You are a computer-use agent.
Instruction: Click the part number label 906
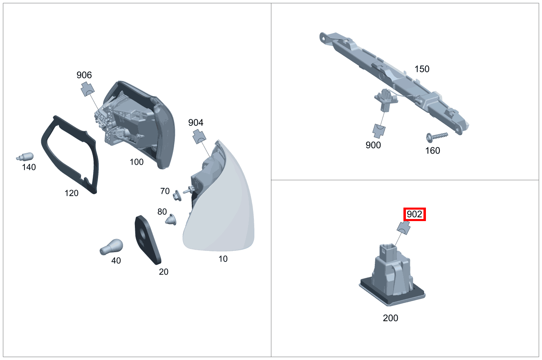click(84, 75)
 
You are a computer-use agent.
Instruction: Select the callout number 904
click(196, 123)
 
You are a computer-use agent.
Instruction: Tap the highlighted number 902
click(414, 215)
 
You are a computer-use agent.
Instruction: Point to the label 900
click(373, 145)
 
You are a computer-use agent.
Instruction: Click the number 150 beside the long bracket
click(422, 69)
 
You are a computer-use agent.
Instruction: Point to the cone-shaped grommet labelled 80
click(172, 219)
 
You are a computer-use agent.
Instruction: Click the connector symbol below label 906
click(87, 89)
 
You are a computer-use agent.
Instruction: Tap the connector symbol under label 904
click(199, 136)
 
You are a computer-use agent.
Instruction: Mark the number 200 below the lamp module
click(390, 318)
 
